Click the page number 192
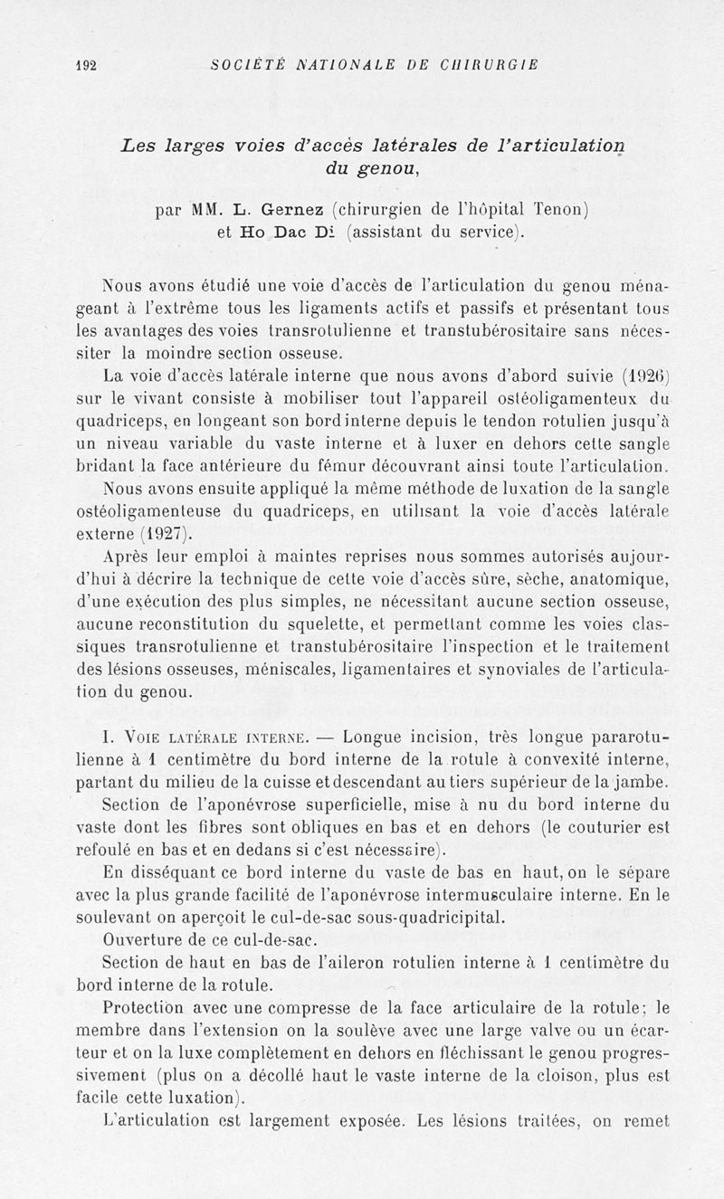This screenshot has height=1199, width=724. [x=87, y=65]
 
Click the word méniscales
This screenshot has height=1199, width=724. [x=318, y=671]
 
